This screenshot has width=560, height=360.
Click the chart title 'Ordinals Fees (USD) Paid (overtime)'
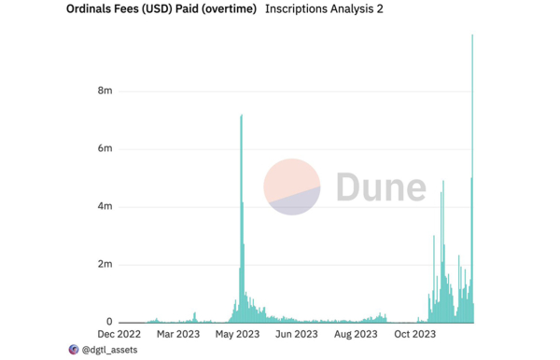[x=161, y=9]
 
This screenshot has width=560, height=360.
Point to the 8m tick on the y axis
[x=105, y=91]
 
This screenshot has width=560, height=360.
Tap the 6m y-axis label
[x=105, y=149]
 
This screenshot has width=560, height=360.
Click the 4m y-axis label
[x=105, y=207]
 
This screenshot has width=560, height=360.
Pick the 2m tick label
[x=105, y=265]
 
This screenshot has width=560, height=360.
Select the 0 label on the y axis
[x=109, y=323]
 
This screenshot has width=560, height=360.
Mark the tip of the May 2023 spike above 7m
[x=242, y=116]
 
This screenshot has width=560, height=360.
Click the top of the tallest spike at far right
[x=472, y=35]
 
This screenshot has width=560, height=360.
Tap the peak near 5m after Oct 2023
[x=442, y=182]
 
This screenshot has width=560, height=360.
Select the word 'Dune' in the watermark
[x=381, y=187]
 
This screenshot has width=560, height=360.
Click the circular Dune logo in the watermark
[x=292, y=187]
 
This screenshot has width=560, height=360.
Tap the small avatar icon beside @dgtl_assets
[x=75, y=350]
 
